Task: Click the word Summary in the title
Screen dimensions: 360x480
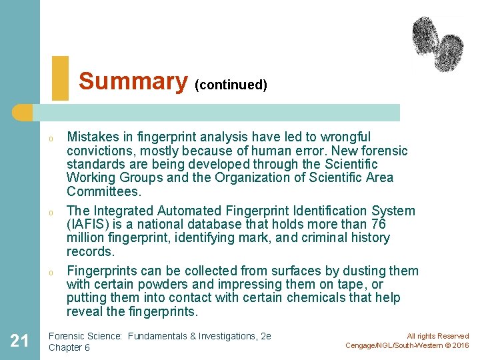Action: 133,81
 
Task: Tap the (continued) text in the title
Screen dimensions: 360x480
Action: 231,85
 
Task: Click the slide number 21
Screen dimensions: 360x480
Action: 19,341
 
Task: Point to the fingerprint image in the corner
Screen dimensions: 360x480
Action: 437,43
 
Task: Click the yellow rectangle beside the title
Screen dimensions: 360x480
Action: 60,78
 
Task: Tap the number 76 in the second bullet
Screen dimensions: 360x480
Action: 396,224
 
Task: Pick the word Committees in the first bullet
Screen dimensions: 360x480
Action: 103,191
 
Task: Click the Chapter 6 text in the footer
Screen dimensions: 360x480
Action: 69,347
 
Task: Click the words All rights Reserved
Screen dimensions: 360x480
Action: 438,336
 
